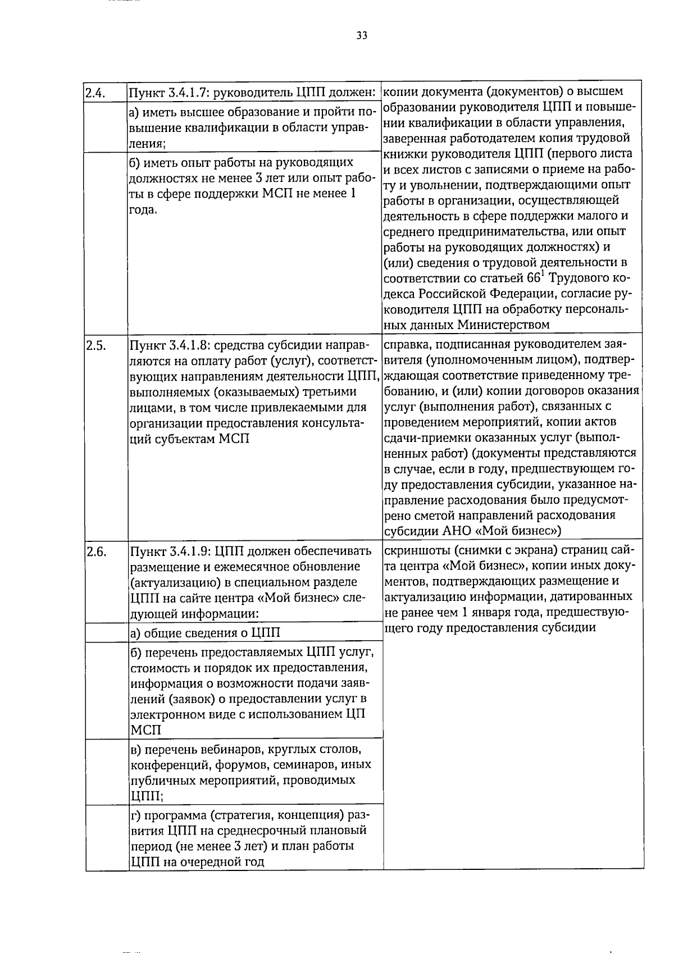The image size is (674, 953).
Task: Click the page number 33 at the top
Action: click(362, 36)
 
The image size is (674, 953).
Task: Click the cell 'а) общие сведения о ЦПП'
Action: click(205, 633)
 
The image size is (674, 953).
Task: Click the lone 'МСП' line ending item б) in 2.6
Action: click(145, 730)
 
